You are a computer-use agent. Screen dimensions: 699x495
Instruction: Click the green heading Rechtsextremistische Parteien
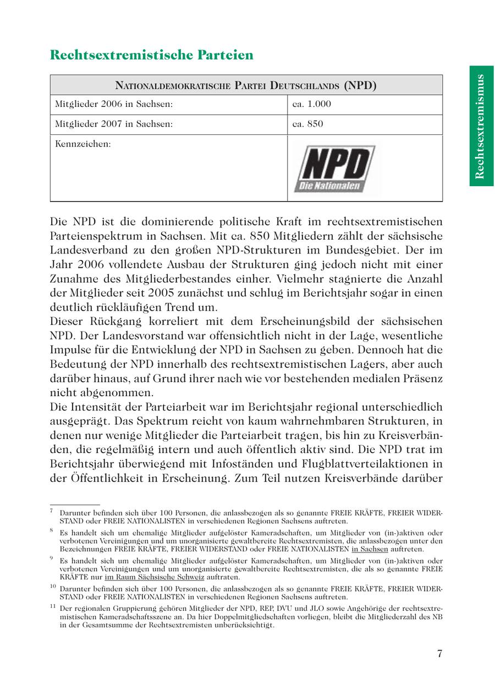coord(151,55)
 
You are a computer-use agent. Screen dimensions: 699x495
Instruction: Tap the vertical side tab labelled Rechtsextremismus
coord(481,126)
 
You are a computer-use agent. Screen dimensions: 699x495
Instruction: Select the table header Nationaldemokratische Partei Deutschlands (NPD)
coord(246,85)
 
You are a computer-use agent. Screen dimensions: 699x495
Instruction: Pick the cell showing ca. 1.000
coord(311,104)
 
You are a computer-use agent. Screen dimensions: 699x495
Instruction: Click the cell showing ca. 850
coord(308,124)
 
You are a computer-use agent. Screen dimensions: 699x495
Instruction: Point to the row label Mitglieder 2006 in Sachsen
coord(114,104)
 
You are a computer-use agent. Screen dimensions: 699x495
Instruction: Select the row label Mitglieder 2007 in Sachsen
coord(114,124)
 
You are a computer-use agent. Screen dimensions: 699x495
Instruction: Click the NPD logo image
coord(334,169)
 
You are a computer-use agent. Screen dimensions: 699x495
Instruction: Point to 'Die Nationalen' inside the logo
coord(329,186)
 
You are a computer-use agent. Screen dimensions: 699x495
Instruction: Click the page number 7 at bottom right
coord(439,654)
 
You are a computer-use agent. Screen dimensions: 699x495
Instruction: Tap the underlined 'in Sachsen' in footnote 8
coord(370,549)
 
